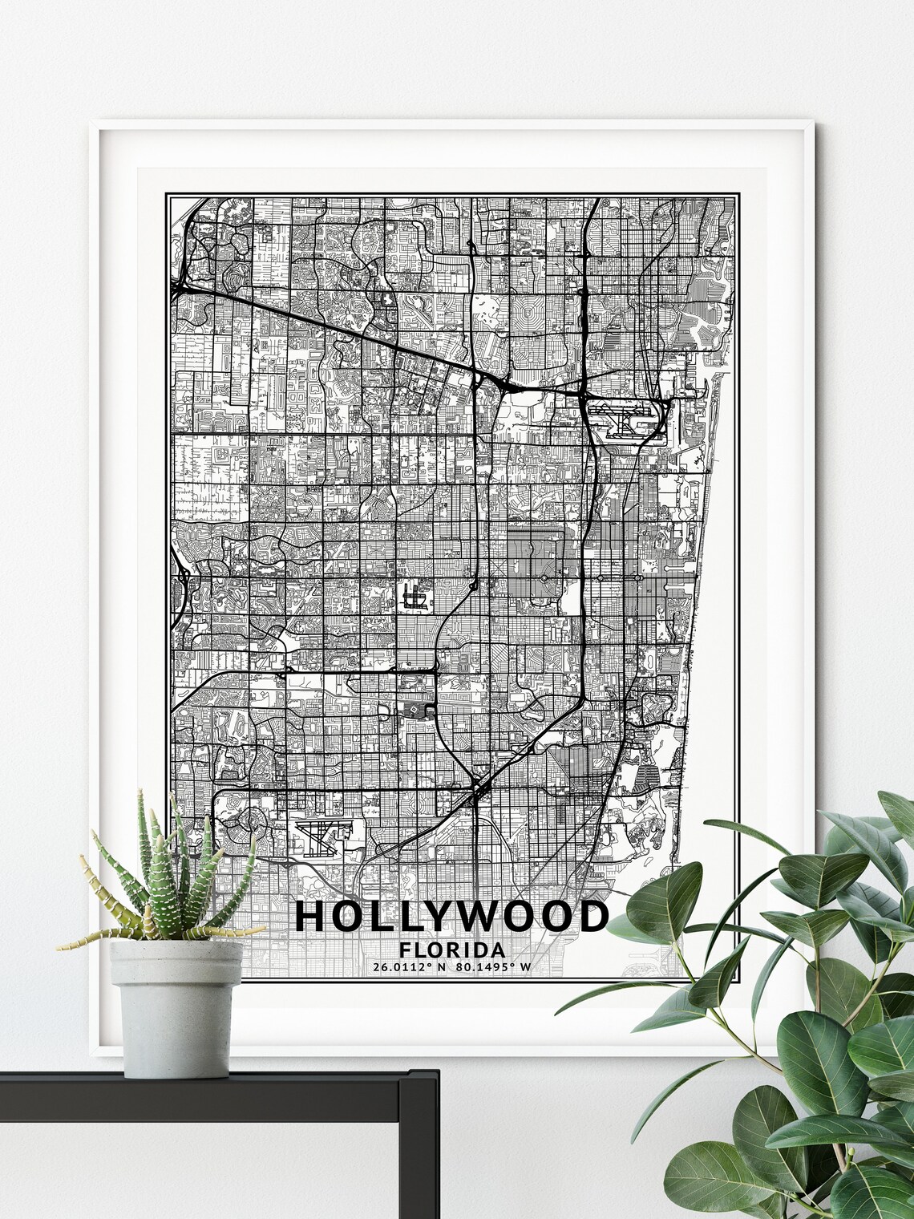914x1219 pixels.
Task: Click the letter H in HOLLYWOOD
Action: tap(311, 916)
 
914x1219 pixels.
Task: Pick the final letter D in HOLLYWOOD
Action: tap(592, 916)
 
